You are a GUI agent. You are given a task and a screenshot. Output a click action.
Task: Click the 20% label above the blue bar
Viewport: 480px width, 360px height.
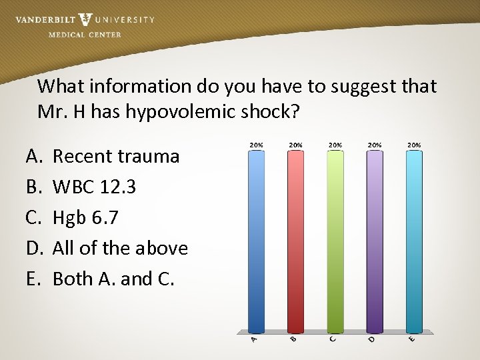point(255,145)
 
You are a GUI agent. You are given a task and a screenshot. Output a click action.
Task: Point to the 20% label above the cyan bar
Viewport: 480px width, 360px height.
point(414,145)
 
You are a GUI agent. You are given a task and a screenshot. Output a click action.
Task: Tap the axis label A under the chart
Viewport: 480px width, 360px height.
point(254,340)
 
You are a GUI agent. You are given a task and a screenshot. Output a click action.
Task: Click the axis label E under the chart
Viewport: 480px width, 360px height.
point(413,340)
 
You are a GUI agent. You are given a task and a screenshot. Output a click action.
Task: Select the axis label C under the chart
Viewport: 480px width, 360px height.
point(333,340)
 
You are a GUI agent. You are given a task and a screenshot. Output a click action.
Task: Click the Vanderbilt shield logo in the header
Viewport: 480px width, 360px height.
point(85,20)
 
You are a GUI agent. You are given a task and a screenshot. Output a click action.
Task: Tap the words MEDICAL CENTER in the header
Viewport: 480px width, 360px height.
point(85,35)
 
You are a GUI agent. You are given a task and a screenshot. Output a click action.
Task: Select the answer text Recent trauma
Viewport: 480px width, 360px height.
point(116,157)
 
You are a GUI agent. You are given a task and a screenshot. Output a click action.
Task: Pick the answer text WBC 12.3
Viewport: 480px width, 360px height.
point(94,187)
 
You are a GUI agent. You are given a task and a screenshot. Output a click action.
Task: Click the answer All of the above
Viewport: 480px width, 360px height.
point(120,248)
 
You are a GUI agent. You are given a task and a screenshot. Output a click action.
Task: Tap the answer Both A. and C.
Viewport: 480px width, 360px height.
point(113,279)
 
